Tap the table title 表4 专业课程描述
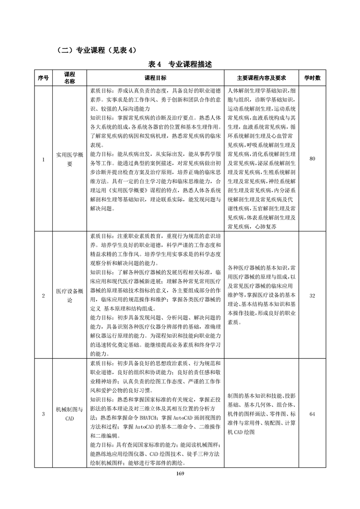[x=180, y=64]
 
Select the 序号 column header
[x=43, y=78]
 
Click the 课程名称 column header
[x=69, y=78]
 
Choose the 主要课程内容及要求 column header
[x=261, y=78]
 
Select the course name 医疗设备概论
[x=69, y=296]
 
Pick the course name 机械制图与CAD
[x=69, y=414]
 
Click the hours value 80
[x=312, y=159]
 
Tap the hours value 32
[x=312, y=296]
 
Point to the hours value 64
[x=312, y=414]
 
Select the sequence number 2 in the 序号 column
[x=43, y=296]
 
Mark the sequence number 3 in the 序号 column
[x=43, y=414]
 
